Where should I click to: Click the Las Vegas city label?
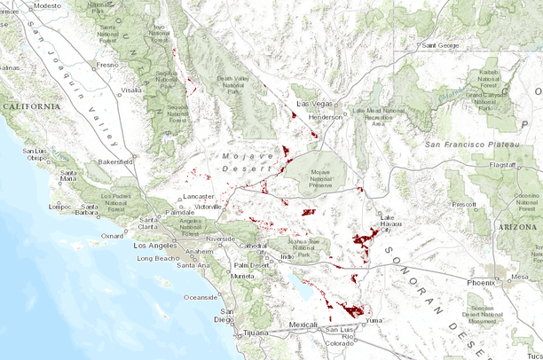point(310,105)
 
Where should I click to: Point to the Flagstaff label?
point(510,165)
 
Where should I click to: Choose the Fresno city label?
point(107,65)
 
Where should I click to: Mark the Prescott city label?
point(463,204)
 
